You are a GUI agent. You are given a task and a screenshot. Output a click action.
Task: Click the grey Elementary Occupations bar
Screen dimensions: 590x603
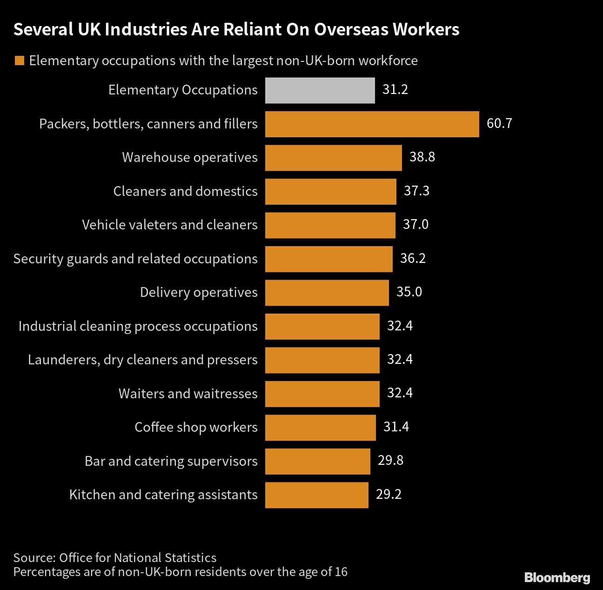coord(320,90)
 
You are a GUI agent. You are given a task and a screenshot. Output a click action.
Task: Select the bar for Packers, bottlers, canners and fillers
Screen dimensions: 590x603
coord(372,124)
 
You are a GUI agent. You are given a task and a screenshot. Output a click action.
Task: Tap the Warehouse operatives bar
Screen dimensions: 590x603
coord(333,158)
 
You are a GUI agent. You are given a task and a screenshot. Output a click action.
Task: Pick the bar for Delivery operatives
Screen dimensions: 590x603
coord(327,293)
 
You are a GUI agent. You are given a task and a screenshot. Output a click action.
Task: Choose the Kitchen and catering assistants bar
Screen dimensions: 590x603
coord(316,495)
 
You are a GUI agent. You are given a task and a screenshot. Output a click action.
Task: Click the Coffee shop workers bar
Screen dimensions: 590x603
coord(320,428)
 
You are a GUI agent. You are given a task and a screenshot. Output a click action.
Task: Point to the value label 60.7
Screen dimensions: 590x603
coord(499,124)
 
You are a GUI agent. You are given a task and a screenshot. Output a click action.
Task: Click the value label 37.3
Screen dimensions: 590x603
coord(416,191)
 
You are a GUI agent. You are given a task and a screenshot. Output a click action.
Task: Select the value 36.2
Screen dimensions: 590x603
coord(413,259)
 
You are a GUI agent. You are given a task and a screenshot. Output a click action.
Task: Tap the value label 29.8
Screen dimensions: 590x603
coord(390,461)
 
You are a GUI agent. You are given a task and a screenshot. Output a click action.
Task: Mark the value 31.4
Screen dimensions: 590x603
coord(396,427)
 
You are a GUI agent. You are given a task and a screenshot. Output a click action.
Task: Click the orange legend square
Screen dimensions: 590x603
coord(19,61)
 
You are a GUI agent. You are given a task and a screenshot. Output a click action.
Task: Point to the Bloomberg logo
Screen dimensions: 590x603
coord(557,578)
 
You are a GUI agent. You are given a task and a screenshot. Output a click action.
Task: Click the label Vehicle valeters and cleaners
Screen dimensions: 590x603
coord(169,225)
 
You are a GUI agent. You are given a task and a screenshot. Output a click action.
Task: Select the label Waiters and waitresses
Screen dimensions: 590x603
coord(188,394)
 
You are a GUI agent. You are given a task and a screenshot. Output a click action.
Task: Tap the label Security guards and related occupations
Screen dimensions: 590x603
coord(135,259)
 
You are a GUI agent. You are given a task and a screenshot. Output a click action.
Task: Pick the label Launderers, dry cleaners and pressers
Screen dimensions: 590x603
coord(142,360)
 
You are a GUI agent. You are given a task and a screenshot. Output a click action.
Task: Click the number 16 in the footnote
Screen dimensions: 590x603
coord(341,572)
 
